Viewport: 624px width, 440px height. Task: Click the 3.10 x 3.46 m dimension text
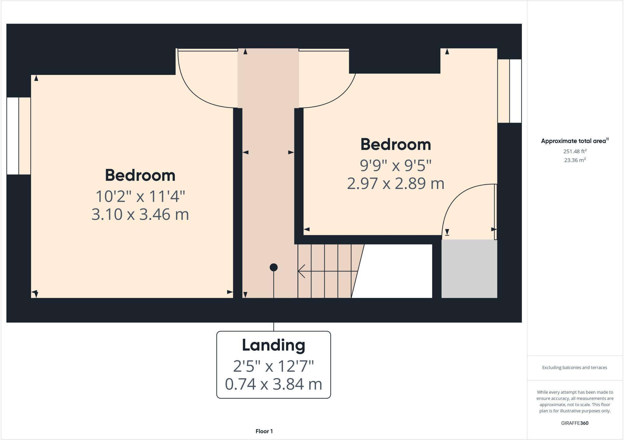[x=140, y=215]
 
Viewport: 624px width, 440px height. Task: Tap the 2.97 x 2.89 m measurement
[x=395, y=184]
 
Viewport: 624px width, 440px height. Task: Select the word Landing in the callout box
[x=273, y=345]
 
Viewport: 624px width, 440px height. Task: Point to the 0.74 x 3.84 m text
[x=273, y=384]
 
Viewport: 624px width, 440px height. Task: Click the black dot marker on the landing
[x=274, y=267]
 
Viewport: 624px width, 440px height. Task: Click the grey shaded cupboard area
[x=469, y=269]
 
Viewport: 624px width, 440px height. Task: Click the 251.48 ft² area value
[x=575, y=151]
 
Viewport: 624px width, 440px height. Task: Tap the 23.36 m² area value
[x=575, y=160]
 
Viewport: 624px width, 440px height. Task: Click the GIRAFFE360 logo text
[x=575, y=423]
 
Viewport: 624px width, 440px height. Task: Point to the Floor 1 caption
[x=264, y=431]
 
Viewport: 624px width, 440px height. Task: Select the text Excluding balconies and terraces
[x=575, y=368]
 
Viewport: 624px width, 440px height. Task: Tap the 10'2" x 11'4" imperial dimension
[x=140, y=196]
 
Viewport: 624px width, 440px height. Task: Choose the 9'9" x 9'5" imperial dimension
[x=395, y=166]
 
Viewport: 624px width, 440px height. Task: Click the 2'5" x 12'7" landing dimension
[x=273, y=366]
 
